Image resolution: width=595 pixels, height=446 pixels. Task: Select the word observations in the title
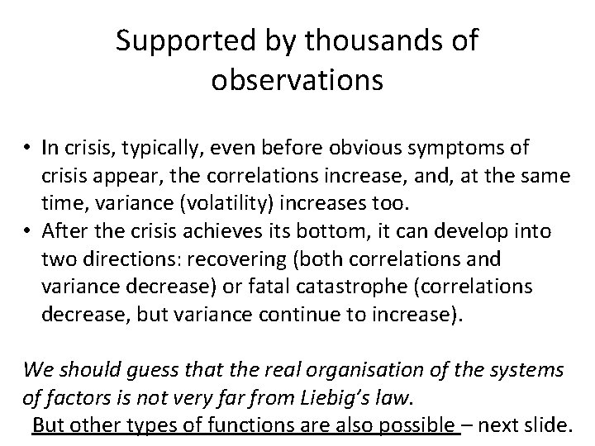[x=297, y=80]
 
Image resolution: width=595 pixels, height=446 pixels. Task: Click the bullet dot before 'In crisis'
[x=28, y=149]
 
